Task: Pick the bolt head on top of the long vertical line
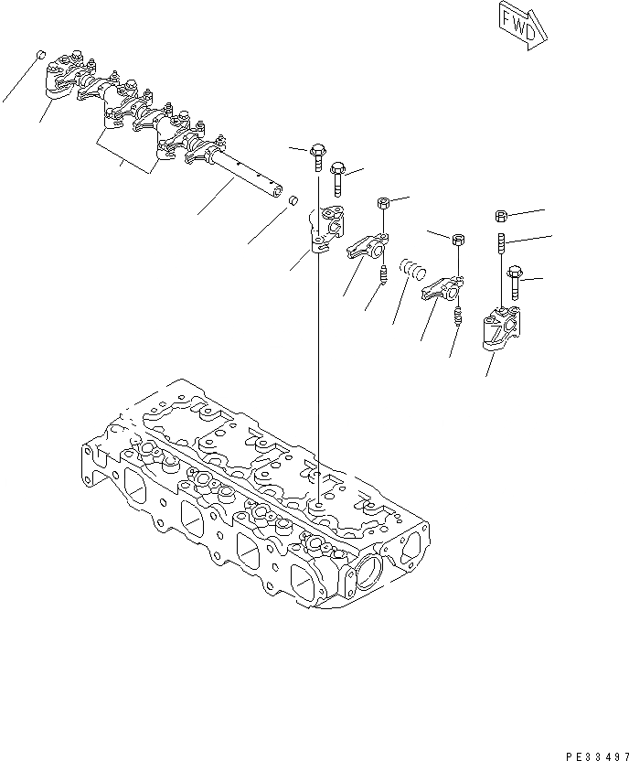(317, 150)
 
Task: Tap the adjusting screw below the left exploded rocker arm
(384, 273)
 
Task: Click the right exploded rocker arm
(442, 289)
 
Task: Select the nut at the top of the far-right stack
(501, 216)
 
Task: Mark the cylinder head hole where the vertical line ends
(317, 504)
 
